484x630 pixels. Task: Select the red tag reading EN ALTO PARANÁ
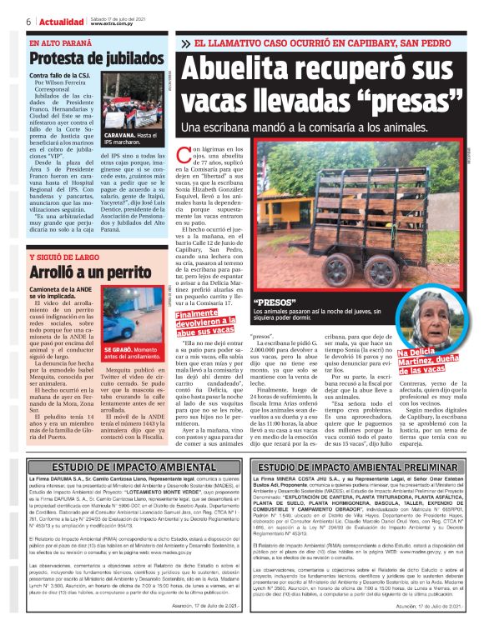[58, 42]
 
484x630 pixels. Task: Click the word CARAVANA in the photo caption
[120, 134]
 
